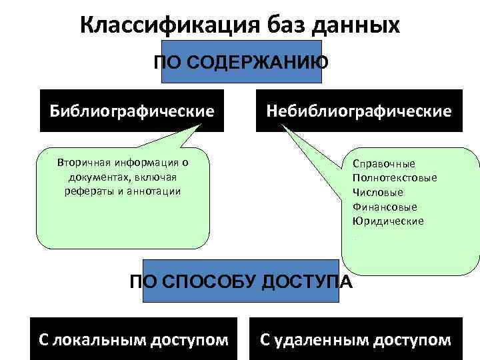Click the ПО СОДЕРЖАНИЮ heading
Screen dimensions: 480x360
click(241, 63)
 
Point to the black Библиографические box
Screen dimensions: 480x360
click(132, 110)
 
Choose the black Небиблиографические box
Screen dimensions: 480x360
click(359, 110)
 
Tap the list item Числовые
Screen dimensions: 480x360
click(378, 192)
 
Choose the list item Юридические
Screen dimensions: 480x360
click(388, 221)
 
